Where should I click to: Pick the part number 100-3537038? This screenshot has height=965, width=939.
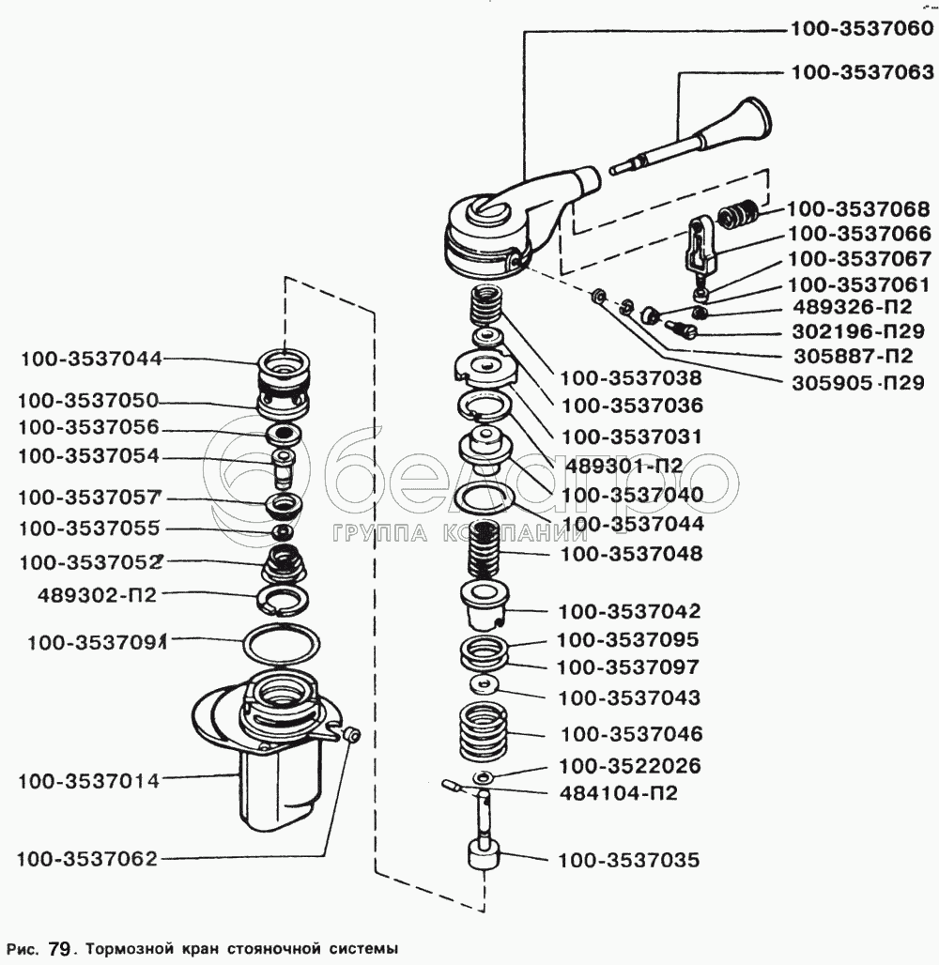pyautogui.click(x=631, y=379)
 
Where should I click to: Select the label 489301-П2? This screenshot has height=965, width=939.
pyautogui.click(x=623, y=465)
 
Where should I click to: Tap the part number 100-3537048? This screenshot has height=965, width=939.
pyautogui.click(x=631, y=554)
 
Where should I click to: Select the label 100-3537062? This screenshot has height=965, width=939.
pyautogui.click(x=87, y=858)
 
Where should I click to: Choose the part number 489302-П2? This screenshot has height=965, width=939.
pyautogui.click(x=97, y=594)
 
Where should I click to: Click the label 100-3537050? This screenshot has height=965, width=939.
pyautogui.click(x=87, y=399)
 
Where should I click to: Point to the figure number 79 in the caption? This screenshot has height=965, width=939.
pyautogui.click(x=59, y=949)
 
